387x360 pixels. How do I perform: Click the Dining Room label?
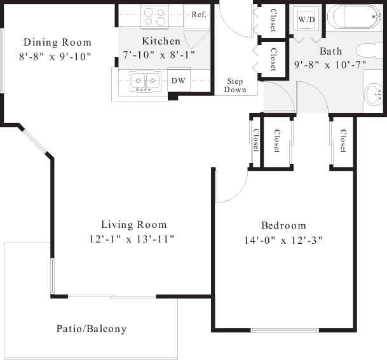[57, 42]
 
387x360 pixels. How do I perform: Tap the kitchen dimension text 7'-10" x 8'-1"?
[159, 55]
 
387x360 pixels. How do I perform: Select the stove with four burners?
[155, 17]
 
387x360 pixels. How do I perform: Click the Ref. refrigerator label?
[199, 15]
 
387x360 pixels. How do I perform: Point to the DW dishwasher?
[179, 81]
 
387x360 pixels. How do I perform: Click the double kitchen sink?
[146, 81]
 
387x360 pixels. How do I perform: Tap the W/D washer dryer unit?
[306, 20]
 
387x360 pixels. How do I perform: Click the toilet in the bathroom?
[369, 51]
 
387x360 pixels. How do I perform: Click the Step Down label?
[235, 85]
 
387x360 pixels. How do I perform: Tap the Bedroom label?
[284, 225]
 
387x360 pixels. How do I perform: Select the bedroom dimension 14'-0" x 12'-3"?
[283, 240]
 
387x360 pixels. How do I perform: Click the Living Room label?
[134, 225]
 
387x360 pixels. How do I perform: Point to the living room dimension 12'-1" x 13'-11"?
[132, 239]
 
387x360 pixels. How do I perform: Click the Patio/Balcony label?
[92, 328]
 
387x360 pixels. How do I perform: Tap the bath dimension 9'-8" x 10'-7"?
[330, 65]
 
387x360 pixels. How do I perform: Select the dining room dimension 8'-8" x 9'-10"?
[55, 57]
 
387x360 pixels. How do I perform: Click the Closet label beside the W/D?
[273, 20]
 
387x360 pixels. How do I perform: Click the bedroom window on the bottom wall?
[285, 330]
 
